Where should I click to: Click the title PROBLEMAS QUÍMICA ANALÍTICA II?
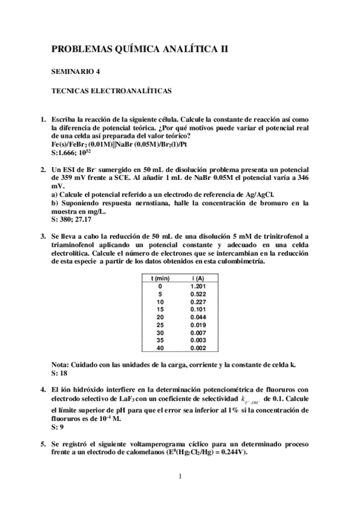[140, 49]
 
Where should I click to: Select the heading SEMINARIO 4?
[76, 72]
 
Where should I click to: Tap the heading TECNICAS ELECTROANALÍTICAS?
[112, 91]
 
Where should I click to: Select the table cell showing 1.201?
[198, 286]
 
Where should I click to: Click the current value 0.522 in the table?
[198, 293]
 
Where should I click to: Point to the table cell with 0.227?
[198, 301]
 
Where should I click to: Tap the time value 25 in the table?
[160, 324]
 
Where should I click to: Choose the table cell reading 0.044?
[198, 316]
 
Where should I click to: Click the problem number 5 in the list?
[43, 443]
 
